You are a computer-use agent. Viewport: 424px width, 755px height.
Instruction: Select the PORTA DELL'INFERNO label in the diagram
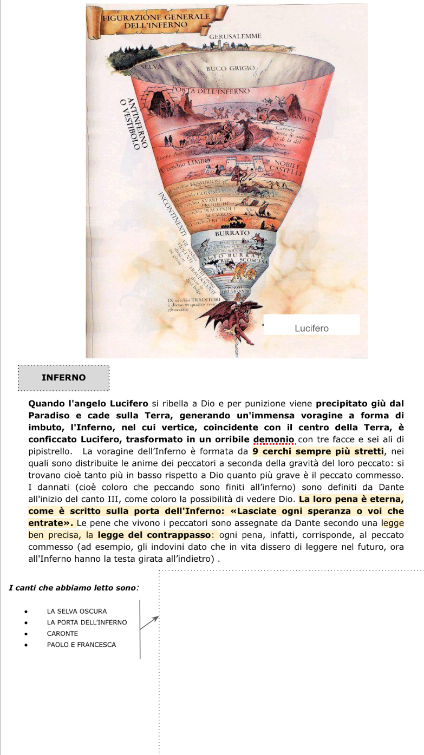click(x=211, y=91)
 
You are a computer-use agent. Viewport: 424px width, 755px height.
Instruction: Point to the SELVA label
click(x=152, y=68)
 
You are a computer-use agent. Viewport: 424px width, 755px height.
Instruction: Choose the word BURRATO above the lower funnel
click(x=233, y=233)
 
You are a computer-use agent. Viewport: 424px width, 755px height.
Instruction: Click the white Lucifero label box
click(x=311, y=327)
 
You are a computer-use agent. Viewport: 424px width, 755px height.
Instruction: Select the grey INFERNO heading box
click(x=63, y=377)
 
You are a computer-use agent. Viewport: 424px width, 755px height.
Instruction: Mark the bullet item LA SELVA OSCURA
click(x=77, y=611)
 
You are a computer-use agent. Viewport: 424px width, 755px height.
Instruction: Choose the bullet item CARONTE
click(x=62, y=633)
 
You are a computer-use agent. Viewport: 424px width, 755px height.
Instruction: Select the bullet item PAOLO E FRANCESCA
click(x=81, y=644)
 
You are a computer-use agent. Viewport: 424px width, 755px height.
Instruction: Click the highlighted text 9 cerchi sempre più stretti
click(x=318, y=451)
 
